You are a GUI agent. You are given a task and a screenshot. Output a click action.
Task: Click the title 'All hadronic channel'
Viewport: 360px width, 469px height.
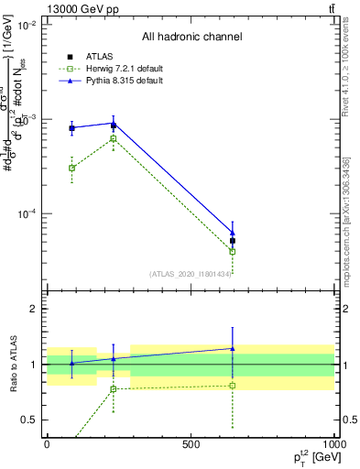[191, 38]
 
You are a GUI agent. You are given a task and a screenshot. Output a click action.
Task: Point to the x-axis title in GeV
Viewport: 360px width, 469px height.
[312, 457]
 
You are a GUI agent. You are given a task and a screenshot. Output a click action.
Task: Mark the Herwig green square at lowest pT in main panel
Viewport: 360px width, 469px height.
[71, 168]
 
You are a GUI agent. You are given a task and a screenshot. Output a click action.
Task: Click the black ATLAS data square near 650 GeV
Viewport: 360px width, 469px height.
[233, 241]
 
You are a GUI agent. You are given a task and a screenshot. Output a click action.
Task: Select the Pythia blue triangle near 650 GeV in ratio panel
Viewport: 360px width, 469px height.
[233, 348]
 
